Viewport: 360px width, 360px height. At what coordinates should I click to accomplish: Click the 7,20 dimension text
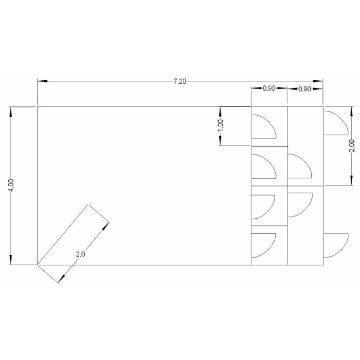[x=180, y=81]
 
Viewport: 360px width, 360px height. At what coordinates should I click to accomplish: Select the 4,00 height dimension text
[x=11, y=186]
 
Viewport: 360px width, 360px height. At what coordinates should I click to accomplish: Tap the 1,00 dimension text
[x=220, y=126]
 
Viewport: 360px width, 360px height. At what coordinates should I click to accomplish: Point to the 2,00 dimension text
[x=353, y=146]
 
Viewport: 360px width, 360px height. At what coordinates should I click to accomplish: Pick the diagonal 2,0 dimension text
[x=80, y=254]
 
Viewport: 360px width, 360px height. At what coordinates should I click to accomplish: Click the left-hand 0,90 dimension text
[x=269, y=88]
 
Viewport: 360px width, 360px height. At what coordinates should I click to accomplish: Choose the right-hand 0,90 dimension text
[x=305, y=89]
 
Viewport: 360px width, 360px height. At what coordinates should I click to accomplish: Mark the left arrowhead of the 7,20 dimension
[x=43, y=81]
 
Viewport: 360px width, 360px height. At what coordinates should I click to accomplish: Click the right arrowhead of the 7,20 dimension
[x=318, y=81]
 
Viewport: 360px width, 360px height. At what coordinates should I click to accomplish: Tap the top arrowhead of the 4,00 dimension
[x=11, y=112]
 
